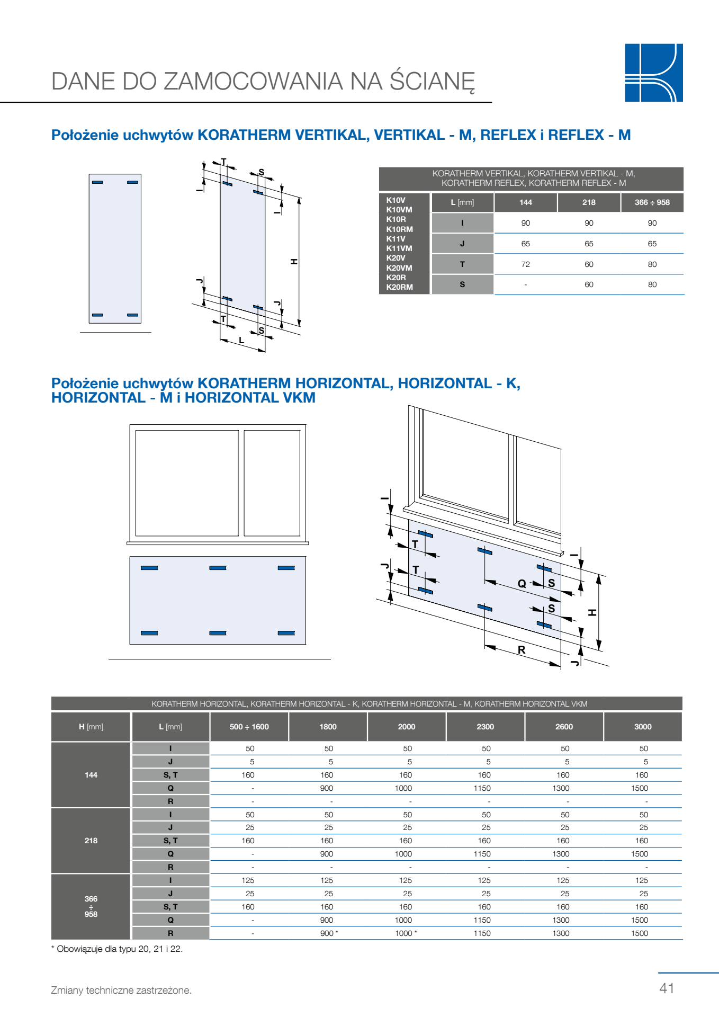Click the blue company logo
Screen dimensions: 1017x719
[x=653, y=73]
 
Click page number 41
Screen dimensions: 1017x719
[x=667, y=988]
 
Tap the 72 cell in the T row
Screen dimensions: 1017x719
[x=525, y=264]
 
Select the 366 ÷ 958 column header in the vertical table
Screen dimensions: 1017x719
[x=652, y=202]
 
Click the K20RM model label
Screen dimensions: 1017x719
[x=400, y=287]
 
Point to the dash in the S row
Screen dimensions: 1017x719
[x=525, y=285]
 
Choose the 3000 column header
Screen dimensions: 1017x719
[x=643, y=727]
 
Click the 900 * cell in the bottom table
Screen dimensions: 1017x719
[x=329, y=933]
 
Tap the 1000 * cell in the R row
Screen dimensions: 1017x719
[x=406, y=933]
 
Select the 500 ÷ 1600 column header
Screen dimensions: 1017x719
[x=249, y=727]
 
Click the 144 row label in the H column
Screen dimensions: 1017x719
[x=91, y=775]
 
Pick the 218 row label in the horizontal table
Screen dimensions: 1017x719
[x=91, y=841]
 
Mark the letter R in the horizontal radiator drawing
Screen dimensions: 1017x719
[x=522, y=650]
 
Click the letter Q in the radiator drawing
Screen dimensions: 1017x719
[x=522, y=584]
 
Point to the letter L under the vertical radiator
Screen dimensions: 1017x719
[x=241, y=341]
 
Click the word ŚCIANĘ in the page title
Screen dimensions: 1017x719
[x=432, y=82]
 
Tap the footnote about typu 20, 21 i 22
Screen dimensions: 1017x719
[x=117, y=949]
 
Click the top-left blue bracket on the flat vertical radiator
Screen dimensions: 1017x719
[x=97, y=182]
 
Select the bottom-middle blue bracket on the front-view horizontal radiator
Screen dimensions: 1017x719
[x=218, y=633]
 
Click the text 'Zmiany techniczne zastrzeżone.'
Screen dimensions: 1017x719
[x=121, y=990]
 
